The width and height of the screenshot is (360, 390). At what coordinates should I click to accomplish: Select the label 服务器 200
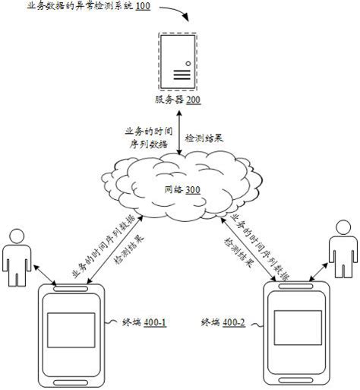[178, 100]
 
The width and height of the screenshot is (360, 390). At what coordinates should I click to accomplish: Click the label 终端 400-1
[145, 322]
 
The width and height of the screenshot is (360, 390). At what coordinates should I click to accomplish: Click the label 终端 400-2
[224, 322]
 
